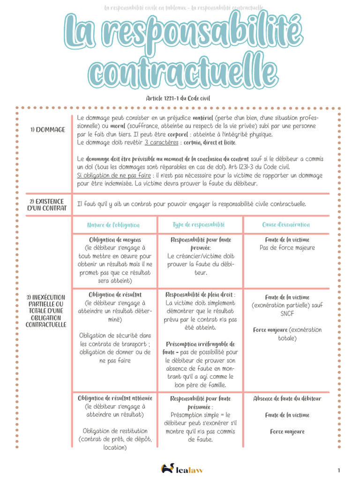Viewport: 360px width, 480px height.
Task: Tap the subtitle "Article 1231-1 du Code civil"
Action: coord(178,98)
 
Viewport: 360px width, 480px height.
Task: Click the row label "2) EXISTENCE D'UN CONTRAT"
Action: coord(47,204)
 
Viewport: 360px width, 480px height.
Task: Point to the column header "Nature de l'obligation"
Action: coord(113,225)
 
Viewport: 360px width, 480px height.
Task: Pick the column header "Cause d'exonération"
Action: coord(286,225)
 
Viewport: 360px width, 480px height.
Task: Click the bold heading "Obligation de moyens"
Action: coord(115,240)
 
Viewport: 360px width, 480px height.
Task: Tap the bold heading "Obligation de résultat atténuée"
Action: coord(115,398)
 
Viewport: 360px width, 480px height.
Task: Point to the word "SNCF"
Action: coord(287,314)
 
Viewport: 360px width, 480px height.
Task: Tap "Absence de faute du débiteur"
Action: coord(287,398)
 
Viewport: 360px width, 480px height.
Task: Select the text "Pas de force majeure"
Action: coord(287,247)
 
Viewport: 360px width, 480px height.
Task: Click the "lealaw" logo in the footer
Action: coord(183,468)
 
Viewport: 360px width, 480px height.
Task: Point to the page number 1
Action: coord(338,470)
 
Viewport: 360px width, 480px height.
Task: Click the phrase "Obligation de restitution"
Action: coord(115,431)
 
